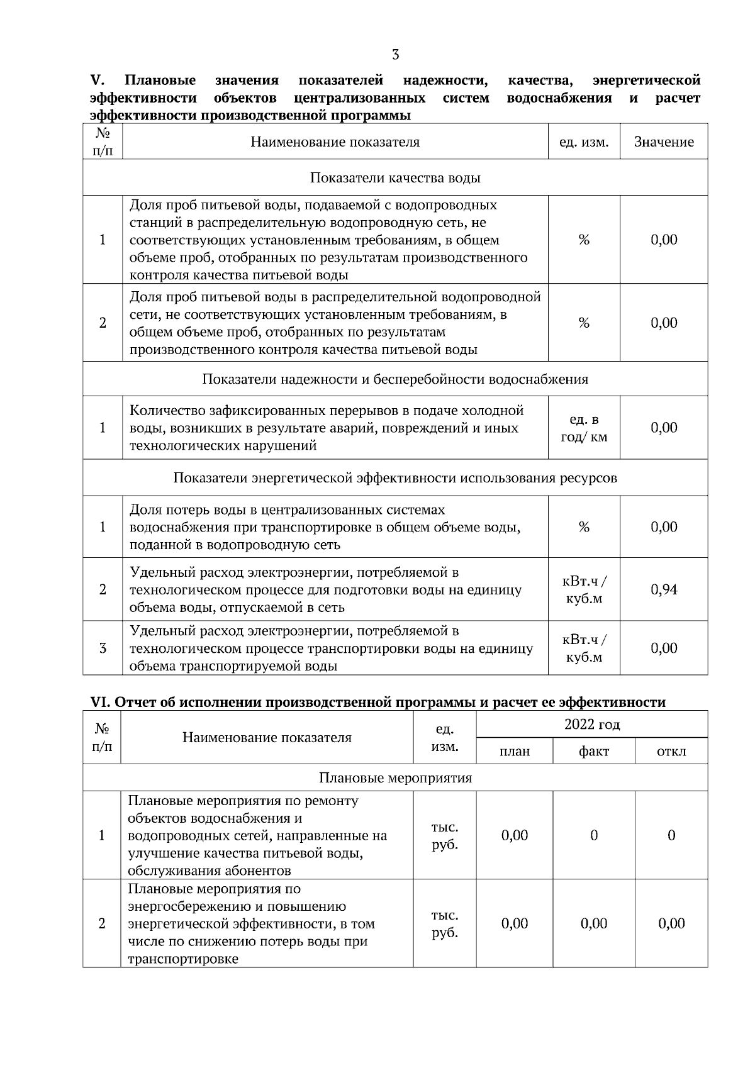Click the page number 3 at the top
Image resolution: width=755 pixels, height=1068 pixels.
pyautogui.click(x=395, y=55)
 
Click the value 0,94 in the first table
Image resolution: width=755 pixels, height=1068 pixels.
pyautogui.click(x=664, y=589)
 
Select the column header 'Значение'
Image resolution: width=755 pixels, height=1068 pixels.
pyautogui.click(x=664, y=142)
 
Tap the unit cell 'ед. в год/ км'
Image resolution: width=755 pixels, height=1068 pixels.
pyautogui.click(x=584, y=428)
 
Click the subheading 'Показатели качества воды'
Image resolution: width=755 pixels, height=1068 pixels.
pyautogui.click(x=395, y=178)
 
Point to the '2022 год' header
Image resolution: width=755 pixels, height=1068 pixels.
pyautogui.click(x=592, y=725)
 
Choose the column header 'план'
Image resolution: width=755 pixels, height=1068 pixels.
pyautogui.click(x=514, y=751)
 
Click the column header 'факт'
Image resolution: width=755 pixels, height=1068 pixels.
pyautogui.click(x=594, y=751)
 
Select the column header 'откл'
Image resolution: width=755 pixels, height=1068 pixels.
pyautogui.click(x=671, y=751)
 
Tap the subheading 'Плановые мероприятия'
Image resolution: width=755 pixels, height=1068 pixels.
pyautogui.click(x=395, y=778)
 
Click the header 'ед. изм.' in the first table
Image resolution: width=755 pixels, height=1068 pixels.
pyautogui.click(x=584, y=142)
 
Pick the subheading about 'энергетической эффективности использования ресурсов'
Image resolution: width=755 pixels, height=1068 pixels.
pyautogui.click(x=395, y=478)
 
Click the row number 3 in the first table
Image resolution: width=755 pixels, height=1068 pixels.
pyautogui.click(x=103, y=648)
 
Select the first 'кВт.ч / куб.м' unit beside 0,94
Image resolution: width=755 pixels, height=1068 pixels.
pyautogui.click(x=584, y=589)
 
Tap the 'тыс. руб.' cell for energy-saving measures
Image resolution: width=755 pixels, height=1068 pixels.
pyautogui.click(x=444, y=923)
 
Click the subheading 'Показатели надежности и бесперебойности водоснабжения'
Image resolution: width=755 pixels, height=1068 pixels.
pyautogui.click(x=395, y=379)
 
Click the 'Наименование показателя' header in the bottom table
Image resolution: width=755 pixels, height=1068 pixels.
pyautogui.click(x=267, y=738)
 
